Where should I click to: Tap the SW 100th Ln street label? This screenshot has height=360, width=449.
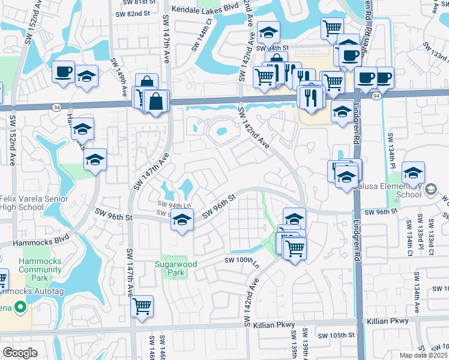click(242, 260)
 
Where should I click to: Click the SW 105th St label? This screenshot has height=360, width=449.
click(337, 335)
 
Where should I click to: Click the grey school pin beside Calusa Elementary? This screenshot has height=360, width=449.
click(430, 190)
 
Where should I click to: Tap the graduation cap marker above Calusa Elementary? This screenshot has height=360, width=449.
click(413, 173)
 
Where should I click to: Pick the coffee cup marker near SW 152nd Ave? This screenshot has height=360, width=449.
click(63, 72)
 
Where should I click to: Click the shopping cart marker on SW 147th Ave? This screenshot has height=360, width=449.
click(142, 306)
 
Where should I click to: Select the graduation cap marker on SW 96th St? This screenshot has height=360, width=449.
click(182, 220)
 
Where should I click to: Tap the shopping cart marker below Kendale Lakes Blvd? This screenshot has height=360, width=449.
click(331, 28)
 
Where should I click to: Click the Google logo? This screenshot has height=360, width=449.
click(20, 353)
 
